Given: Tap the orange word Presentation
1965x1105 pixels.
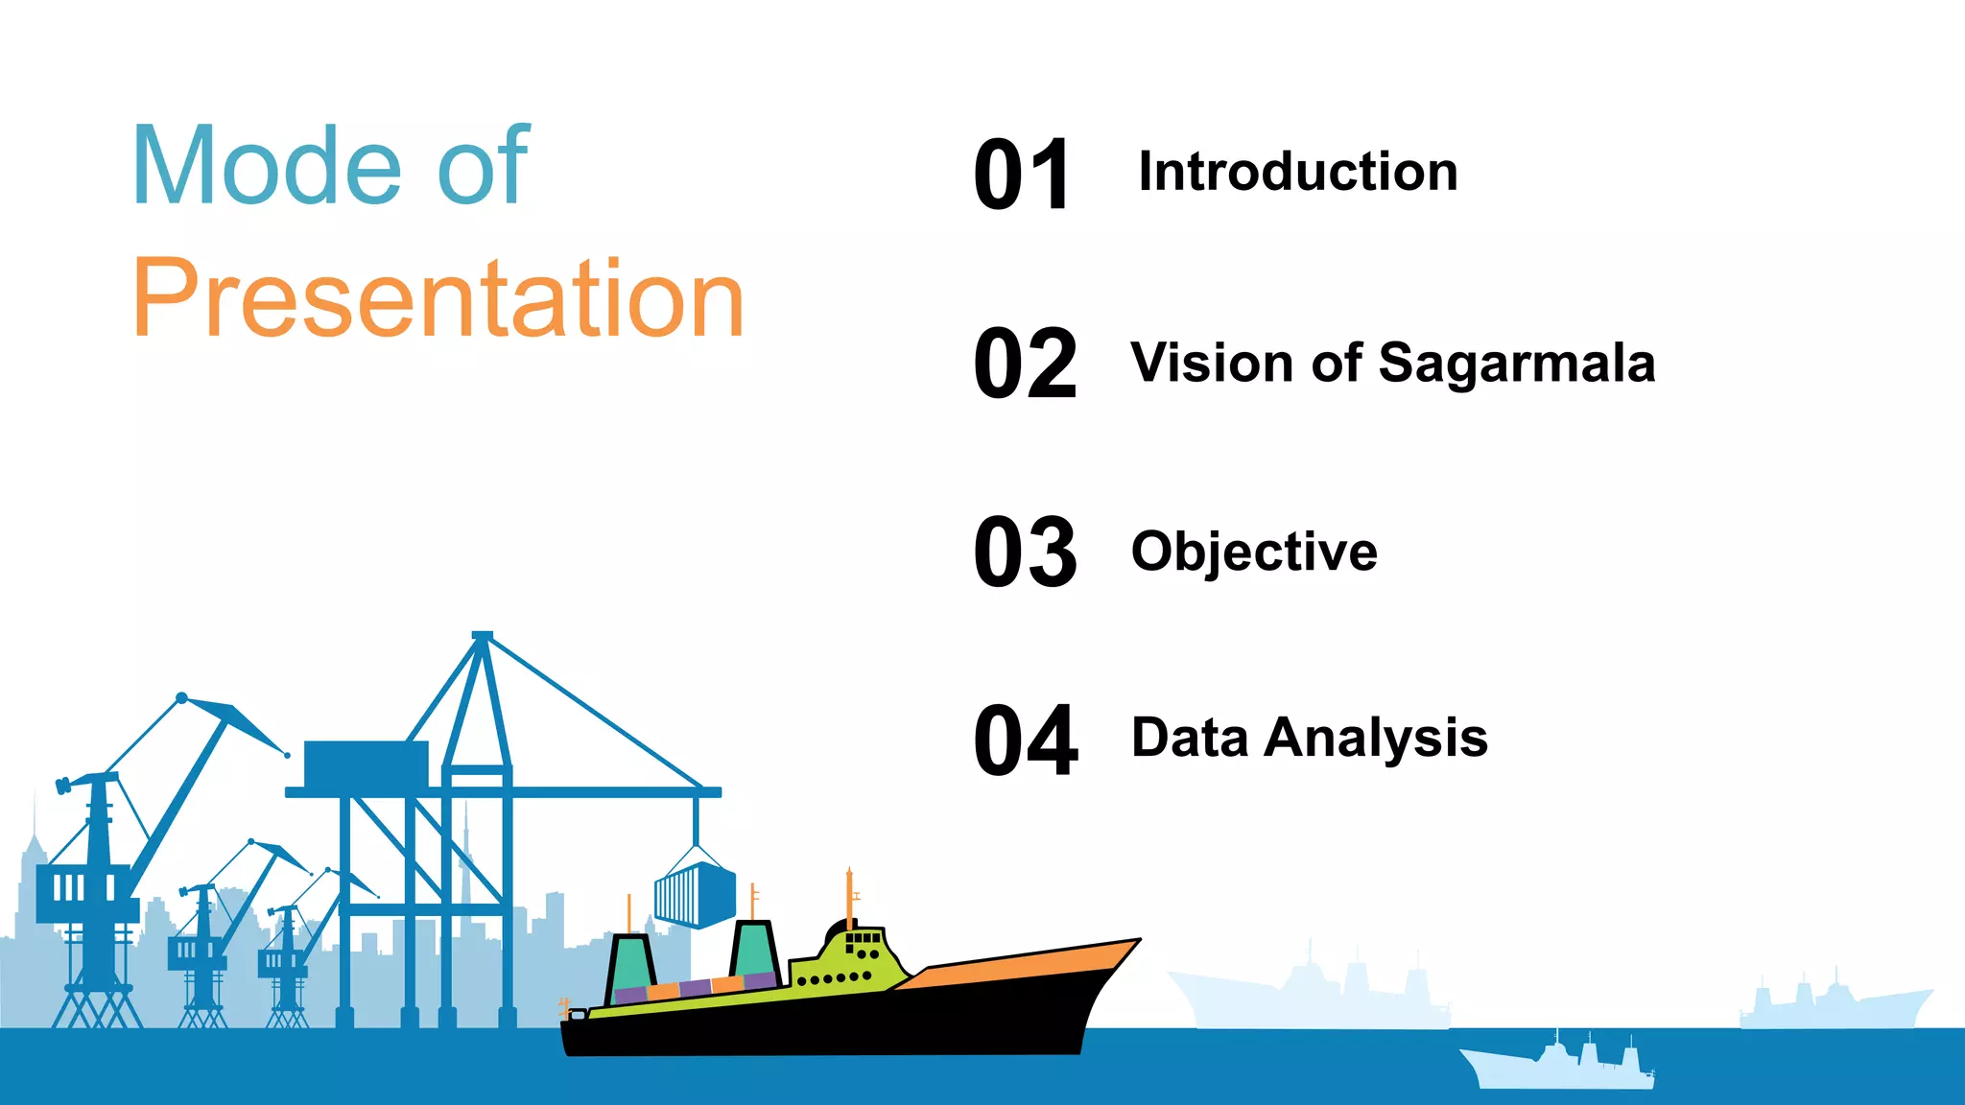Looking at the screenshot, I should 438,298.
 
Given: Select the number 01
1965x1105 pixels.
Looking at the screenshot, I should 1021,175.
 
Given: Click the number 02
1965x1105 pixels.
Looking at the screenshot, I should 1025,364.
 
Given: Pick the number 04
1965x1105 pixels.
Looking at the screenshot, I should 1025,741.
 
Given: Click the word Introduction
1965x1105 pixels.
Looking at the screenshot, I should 1297,172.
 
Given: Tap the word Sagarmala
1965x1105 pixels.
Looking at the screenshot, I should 1516,364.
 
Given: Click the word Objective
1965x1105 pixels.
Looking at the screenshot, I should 1254,552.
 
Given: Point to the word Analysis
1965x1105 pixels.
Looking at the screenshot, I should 1376,739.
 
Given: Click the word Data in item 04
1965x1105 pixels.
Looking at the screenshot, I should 1190,738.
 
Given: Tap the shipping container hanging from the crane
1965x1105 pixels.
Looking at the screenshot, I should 696,895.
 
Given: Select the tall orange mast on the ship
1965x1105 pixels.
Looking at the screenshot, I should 849,897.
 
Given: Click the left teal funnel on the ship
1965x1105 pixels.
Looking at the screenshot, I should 630,963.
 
